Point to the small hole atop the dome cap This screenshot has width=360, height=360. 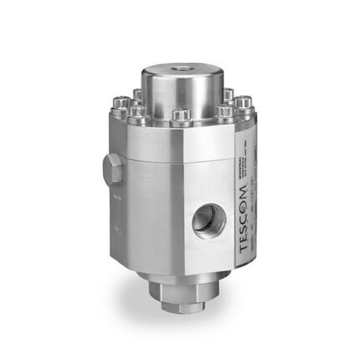(179, 64)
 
